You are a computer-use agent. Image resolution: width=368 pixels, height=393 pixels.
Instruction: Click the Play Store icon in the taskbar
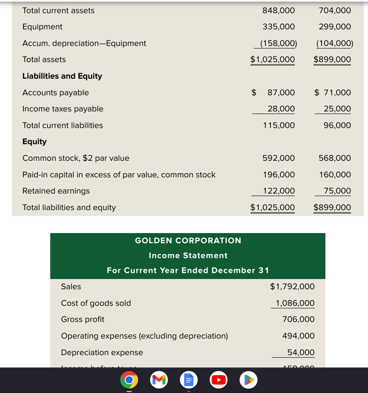tap(249, 380)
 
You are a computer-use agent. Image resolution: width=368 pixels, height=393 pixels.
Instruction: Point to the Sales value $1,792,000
tap(292, 287)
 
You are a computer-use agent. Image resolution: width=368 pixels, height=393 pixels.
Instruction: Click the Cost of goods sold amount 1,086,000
tap(295, 303)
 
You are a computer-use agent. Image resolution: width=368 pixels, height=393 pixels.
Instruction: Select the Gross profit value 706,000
tap(298, 319)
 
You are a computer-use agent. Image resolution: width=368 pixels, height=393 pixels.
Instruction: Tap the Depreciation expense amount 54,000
tap(301, 353)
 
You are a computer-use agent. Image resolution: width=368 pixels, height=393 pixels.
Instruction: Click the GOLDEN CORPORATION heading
tap(188, 241)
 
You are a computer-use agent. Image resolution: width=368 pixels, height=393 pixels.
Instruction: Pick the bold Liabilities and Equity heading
tap(62, 76)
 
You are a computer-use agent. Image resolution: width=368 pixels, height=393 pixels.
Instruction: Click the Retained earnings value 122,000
tap(279, 191)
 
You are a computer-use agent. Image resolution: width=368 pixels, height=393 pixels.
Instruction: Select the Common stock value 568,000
tap(335, 158)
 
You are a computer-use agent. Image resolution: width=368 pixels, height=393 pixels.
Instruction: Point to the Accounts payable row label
tap(55, 93)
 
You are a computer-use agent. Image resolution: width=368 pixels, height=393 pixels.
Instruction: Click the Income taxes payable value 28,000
tap(281, 109)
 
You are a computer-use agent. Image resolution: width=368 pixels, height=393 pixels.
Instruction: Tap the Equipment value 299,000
tap(335, 27)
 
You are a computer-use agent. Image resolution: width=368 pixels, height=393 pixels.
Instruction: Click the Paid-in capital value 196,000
tap(279, 175)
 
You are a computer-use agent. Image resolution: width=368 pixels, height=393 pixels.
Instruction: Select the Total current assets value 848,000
tap(279, 11)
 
